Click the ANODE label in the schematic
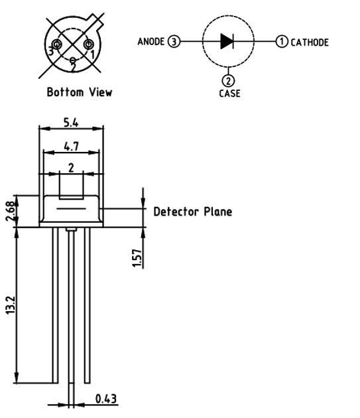[x=150, y=42]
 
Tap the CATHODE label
[x=310, y=42]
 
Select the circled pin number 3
[x=174, y=42]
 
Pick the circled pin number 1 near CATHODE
[x=282, y=42]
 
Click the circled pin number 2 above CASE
[x=228, y=80]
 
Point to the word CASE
[x=229, y=94]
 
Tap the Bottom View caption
[x=80, y=92]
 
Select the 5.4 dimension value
[x=71, y=122]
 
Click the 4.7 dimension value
[x=72, y=147]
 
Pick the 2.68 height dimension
[x=11, y=211]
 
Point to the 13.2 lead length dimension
[x=11, y=305]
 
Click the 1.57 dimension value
[x=137, y=258]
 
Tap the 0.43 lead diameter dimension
[x=106, y=399]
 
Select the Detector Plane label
[x=193, y=212]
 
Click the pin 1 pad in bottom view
[x=88, y=44]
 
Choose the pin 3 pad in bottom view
[x=56, y=44]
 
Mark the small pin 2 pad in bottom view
[x=72, y=60]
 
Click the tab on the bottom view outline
[x=95, y=22]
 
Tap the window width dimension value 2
[x=71, y=169]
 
